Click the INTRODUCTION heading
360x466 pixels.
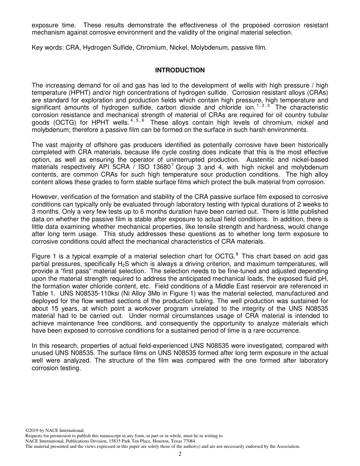click(180, 70)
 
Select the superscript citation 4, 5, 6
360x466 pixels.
click(137, 120)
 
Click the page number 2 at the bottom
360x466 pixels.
click(180, 454)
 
